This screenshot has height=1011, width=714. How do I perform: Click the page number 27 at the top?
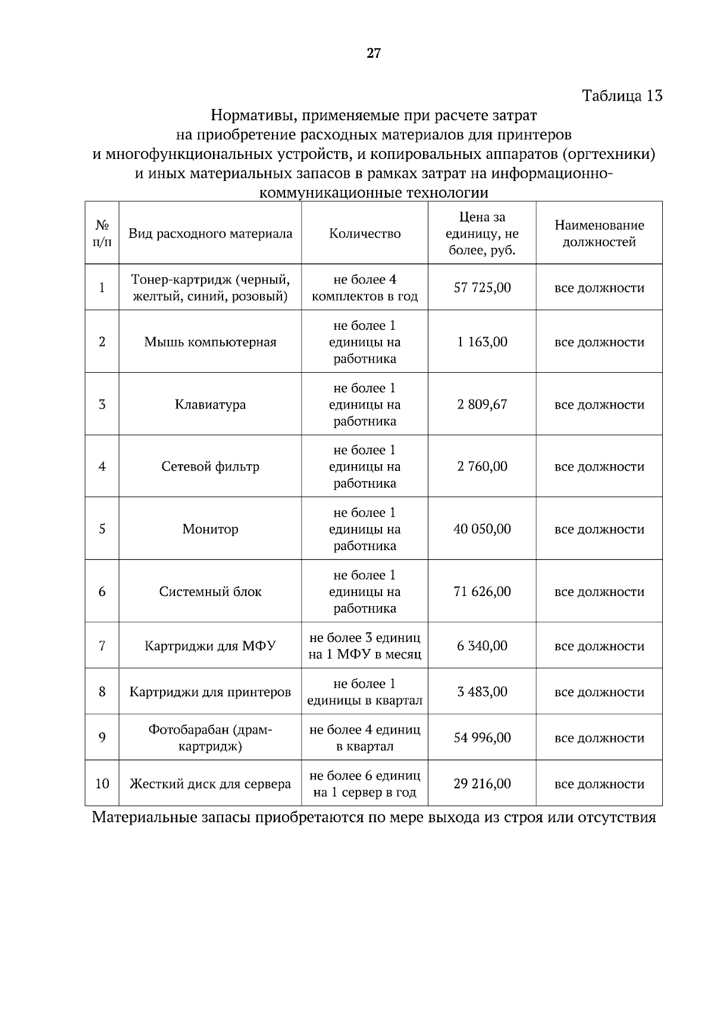point(373,54)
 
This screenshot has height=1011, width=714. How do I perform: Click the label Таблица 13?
point(622,95)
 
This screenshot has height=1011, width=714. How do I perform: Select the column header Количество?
point(365,233)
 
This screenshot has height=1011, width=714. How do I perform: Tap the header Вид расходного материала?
point(210,233)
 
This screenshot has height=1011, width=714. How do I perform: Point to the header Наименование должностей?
point(599,233)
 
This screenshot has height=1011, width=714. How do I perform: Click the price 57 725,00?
point(482,288)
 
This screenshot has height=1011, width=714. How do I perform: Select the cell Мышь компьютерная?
point(210,342)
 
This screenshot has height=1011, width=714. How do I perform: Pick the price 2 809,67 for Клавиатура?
point(482,404)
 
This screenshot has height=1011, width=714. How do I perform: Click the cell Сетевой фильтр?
point(210,466)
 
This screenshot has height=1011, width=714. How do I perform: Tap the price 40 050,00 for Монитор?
point(482,529)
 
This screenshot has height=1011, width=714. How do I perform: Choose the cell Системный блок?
point(210,591)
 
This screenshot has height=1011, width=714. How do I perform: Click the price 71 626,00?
point(482,591)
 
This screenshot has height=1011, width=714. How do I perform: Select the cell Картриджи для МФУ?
point(210,645)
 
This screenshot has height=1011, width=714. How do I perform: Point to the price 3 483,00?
point(482,691)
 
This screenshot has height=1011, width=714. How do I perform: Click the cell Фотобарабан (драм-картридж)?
point(210,738)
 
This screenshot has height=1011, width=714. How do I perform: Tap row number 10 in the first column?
point(102,784)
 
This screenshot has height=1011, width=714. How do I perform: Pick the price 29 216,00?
point(482,784)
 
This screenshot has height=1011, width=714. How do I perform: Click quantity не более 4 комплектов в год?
point(365,288)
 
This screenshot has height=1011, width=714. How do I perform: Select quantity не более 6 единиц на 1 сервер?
point(365,784)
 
